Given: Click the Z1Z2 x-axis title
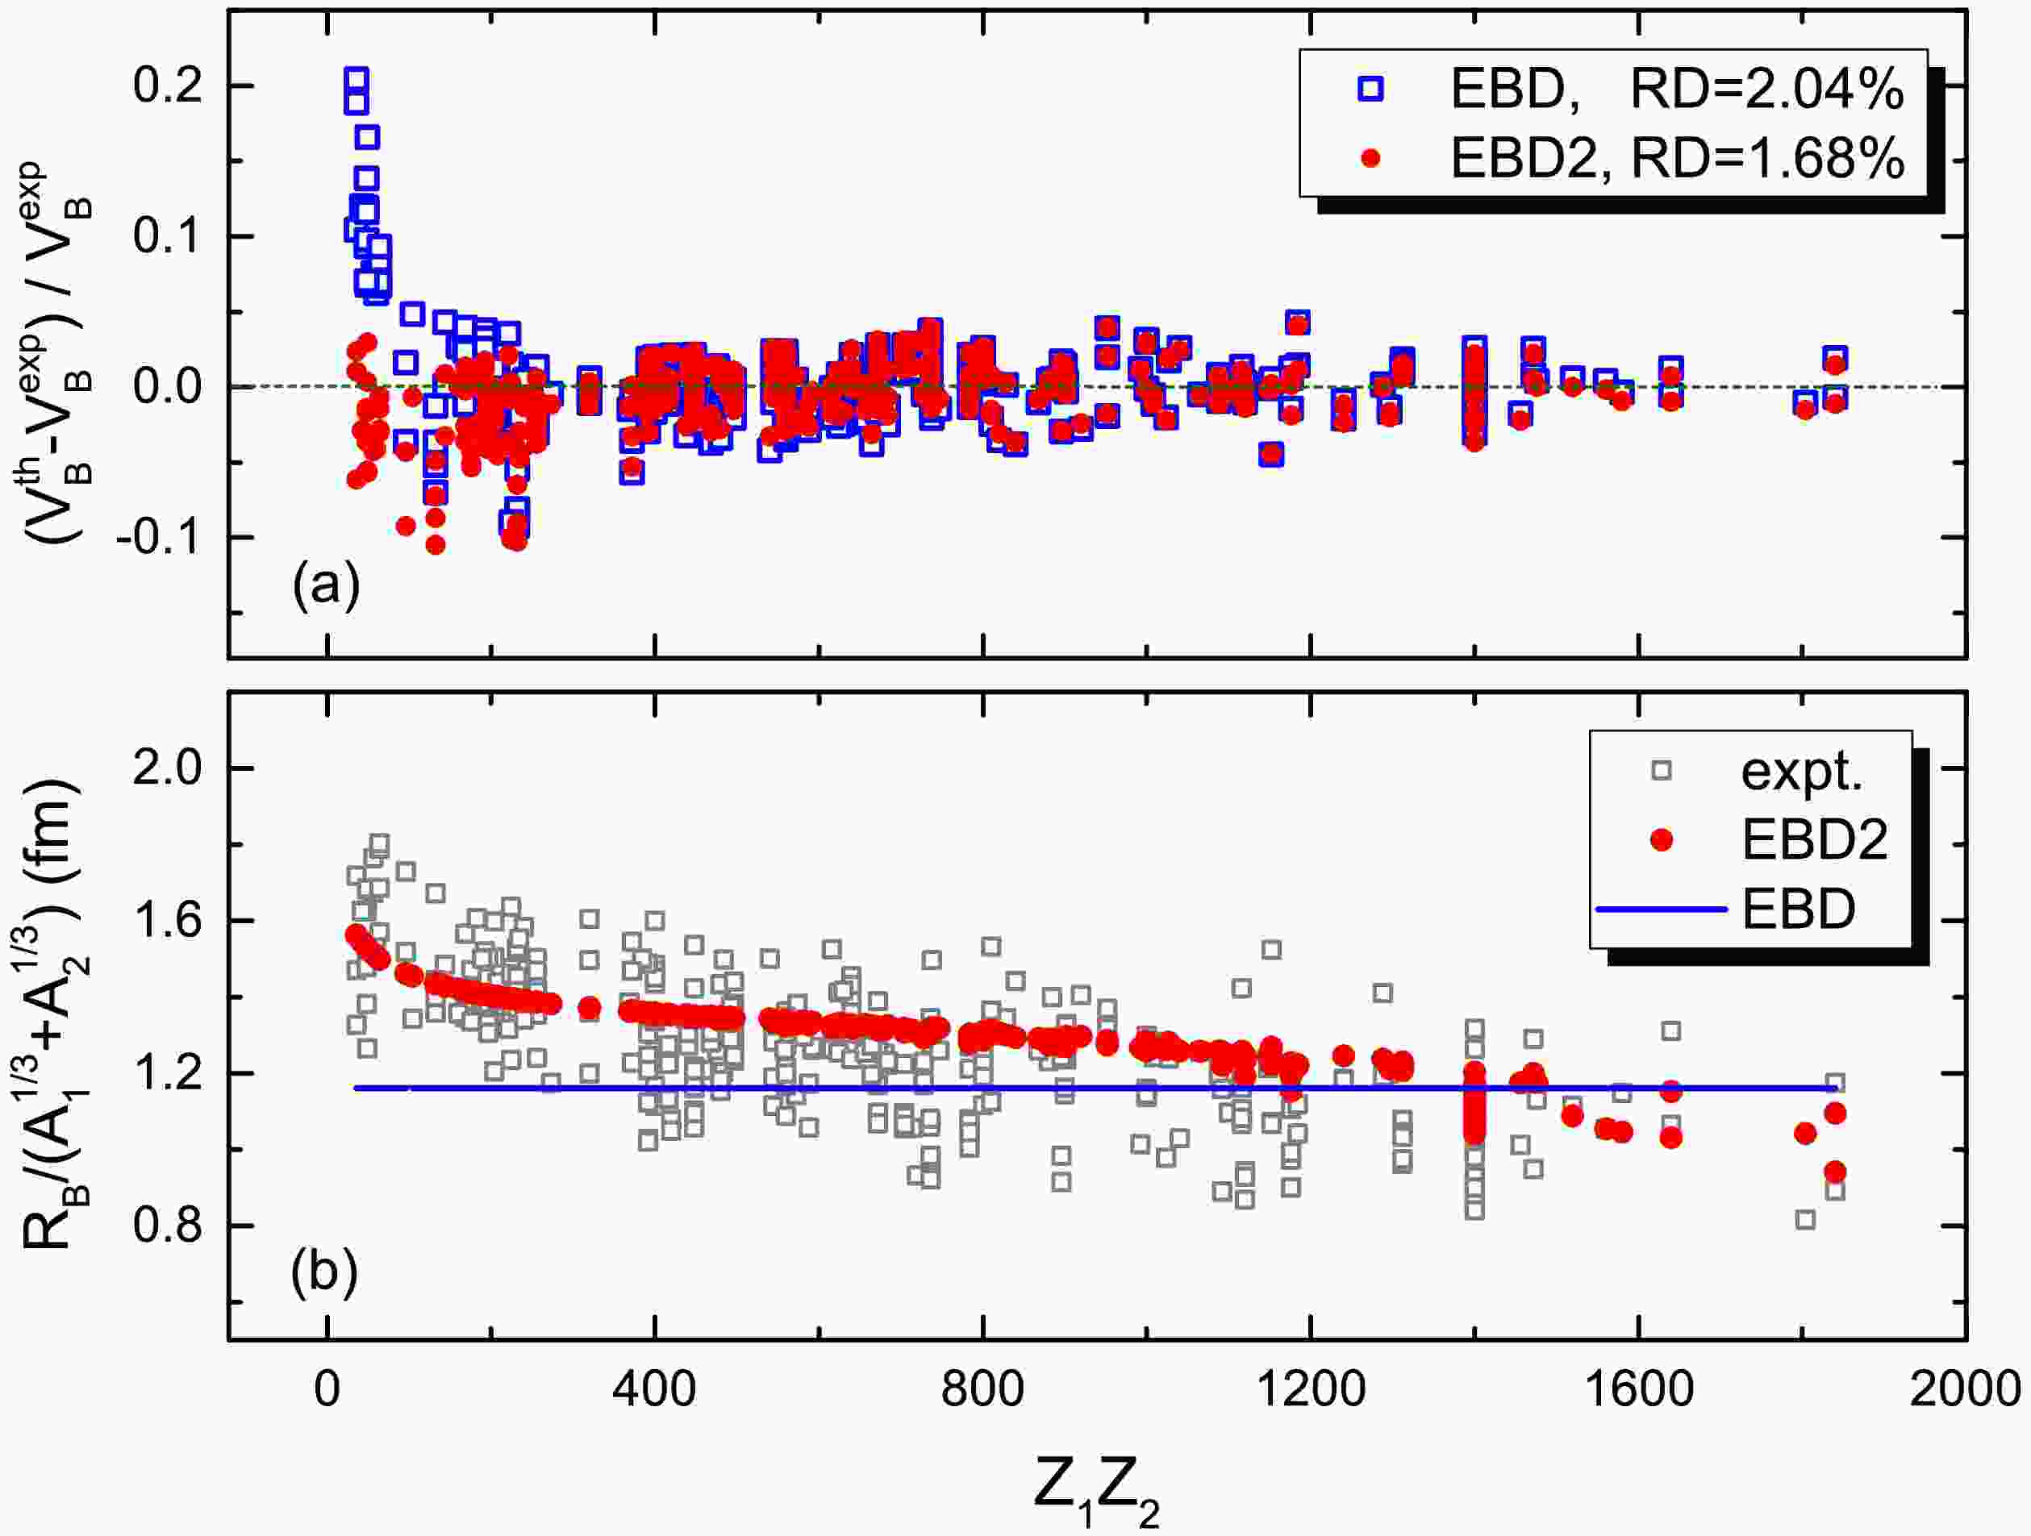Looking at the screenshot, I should (1096, 1488).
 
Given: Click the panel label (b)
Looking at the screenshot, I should (324, 1274).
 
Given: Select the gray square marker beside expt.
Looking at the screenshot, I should (1660, 771).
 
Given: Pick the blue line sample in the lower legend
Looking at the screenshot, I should (1662, 909).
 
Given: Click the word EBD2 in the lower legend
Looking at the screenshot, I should (1814, 840).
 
